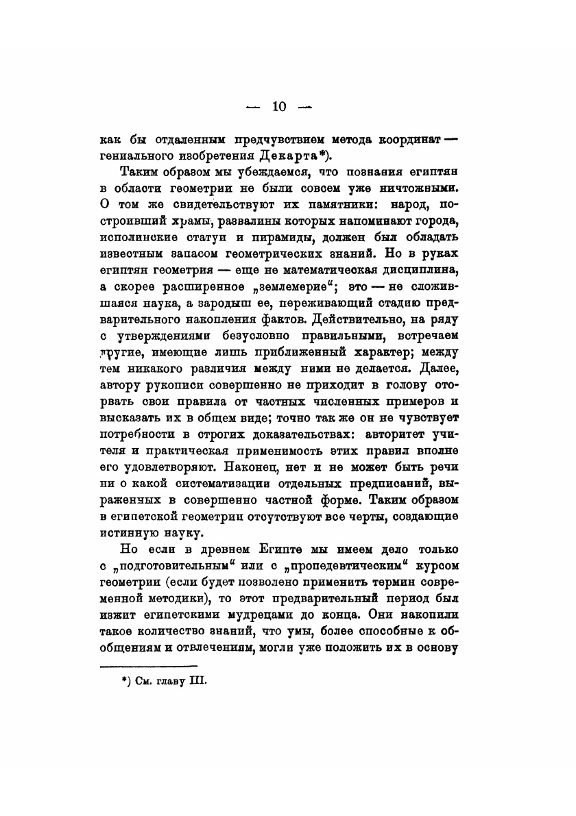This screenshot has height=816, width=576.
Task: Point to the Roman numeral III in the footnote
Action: [x=196, y=681]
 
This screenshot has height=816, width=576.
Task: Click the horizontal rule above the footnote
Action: [x=149, y=665]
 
